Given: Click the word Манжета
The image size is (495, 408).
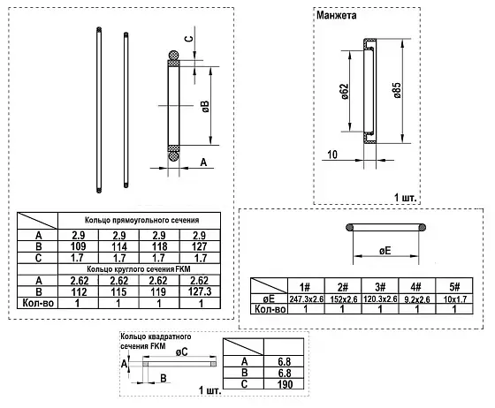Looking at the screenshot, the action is [x=336, y=15].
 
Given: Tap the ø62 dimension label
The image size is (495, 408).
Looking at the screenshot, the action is [x=345, y=92].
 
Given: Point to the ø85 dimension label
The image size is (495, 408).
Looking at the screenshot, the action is [x=397, y=90].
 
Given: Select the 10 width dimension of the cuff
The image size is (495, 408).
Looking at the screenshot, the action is [x=332, y=155].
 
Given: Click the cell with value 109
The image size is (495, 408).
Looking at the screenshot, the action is [x=79, y=246].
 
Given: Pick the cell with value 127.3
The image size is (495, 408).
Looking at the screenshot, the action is [x=200, y=291].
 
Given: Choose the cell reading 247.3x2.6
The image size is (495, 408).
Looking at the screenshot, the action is [x=306, y=298].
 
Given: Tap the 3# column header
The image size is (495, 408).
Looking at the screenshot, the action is [x=380, y=287].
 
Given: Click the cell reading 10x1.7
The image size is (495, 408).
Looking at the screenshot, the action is [x=454, y=298].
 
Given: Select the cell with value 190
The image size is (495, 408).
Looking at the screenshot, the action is [x=285, y=384].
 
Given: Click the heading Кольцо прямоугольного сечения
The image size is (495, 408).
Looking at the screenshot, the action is [x=141, y=220].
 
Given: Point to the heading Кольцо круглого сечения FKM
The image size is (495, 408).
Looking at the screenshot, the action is [x=139, y=269].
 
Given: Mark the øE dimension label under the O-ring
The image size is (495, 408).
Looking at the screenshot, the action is [x=385, y=251].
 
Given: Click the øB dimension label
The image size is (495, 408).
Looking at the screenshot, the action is [x=205, y=107].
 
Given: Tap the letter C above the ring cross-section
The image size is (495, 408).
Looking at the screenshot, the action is [x=188, y=39].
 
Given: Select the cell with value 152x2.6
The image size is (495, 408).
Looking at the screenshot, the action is [x=344, y=298].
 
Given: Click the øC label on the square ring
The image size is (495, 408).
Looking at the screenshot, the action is [x=181, y=351].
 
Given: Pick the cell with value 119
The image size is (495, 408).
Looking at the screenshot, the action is [x=158, y=291].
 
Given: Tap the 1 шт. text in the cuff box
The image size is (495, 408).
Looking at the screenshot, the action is [x=406, y=198].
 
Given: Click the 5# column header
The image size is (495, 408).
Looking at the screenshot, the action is [x=454, y=287].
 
